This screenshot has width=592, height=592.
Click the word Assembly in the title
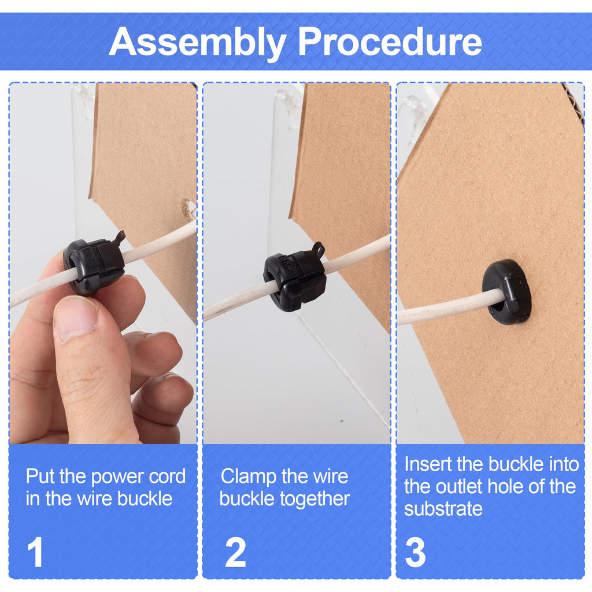click(197, 43)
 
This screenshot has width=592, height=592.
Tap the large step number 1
click(35, 552)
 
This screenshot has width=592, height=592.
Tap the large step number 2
click(236, 552)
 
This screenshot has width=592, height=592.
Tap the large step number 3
click(415, 552)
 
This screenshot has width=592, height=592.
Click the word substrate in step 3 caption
click(443, 509)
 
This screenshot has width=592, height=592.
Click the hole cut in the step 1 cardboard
click(188, 210)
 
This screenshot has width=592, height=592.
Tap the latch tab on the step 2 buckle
click(318, 250)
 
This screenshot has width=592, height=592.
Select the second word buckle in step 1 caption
click(145, 499)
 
